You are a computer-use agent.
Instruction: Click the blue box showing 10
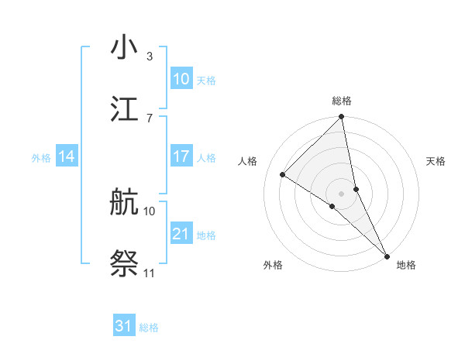click(181, 78)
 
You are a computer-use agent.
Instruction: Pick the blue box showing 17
click(181, 156)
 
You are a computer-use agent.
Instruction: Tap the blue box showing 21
click(181, 233)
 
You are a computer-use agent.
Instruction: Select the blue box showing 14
click(67, 156)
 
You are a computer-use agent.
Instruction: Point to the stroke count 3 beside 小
click(150, 57)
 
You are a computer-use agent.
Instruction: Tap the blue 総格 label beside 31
click(149, 328)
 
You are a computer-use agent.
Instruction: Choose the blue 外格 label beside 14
click(41, 158)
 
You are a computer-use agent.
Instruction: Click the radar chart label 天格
click(436, 161)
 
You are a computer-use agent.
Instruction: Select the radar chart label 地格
click(406, 266)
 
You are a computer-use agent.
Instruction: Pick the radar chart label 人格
click(249, 161)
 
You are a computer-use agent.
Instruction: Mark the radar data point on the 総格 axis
click(342, 117)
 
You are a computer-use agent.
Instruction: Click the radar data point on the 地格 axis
click(387, 256)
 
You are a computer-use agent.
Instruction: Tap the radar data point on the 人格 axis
click(283, 175)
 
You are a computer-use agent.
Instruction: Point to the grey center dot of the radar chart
click(342, 193)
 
